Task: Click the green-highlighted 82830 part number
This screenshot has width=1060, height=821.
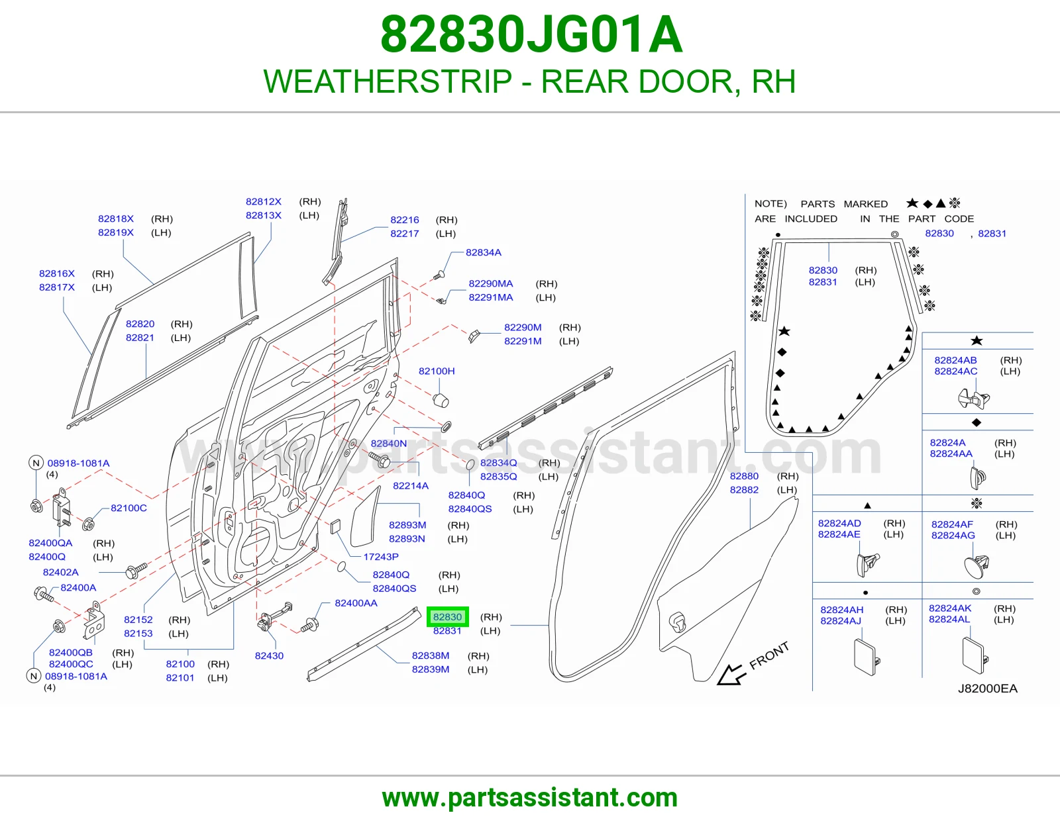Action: point(447,616)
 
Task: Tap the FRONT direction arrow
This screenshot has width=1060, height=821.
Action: point(731,675)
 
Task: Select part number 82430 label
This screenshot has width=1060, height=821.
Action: point(269,655)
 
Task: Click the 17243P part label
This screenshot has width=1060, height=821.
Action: point(380,557)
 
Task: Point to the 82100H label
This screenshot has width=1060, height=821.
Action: point(437,371)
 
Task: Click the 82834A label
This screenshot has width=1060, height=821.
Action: point(484,252)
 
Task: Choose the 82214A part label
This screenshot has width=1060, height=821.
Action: point(411,485)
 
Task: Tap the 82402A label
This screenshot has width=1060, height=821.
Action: point(60,572)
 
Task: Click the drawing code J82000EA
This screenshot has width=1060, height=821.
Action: point(987,689)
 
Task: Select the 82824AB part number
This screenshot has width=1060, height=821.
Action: point(955,360)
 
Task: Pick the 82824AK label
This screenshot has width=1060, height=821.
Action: point(950,608)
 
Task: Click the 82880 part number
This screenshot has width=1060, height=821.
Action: point(744,476)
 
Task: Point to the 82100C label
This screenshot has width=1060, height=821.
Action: point(129,508)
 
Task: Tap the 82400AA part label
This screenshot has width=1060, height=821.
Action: point(356,603)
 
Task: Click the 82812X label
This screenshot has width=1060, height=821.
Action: point(264,202)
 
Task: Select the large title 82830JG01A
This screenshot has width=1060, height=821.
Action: point(531,34)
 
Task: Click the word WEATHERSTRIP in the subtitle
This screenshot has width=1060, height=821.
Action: point(388,81)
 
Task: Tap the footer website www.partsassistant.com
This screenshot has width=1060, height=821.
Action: point(530,798)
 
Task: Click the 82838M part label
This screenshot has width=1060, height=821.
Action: point(430,655)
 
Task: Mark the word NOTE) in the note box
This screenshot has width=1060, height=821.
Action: point(770,204)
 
